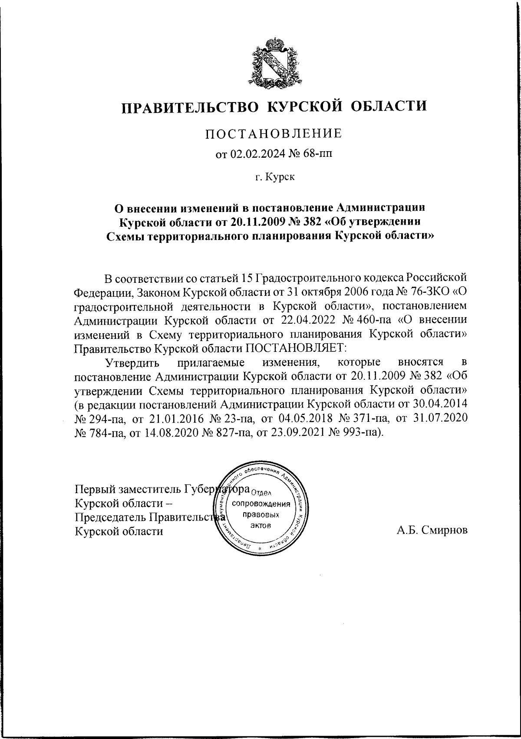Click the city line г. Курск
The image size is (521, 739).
(274, 177)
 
